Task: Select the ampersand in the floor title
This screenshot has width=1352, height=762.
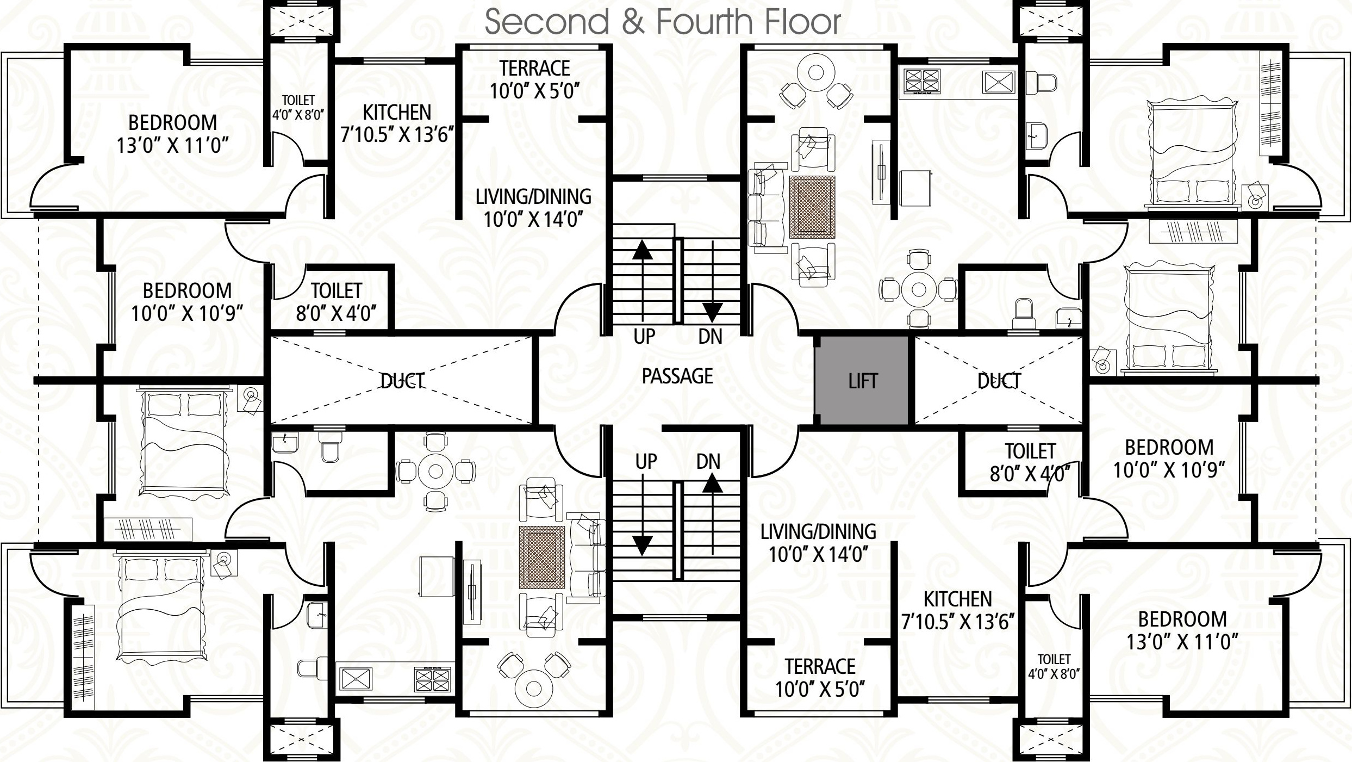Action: click(633, 22)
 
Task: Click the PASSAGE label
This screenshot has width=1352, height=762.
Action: click(677, 376)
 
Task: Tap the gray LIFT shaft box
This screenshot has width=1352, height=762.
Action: click(863, 381)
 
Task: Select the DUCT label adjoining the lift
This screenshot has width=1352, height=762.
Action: click(999, 381)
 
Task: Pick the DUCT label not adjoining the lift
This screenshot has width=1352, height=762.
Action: click(402, 381)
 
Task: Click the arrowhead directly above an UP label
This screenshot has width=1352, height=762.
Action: click(643, 250)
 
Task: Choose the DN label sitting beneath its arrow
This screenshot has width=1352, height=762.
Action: click(710, 337)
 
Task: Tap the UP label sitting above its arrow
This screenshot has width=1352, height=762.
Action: click(646, 462)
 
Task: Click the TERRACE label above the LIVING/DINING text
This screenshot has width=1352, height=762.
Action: click(535, 69)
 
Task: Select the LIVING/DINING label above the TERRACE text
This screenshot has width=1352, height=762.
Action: click(818, 531)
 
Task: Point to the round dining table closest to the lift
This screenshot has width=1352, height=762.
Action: click(919, 289)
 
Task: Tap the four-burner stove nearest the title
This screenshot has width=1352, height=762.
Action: click(922, 80)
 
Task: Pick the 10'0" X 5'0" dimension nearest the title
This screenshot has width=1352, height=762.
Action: click(535, 91)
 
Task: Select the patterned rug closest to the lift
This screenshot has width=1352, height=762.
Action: click(812, 207)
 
